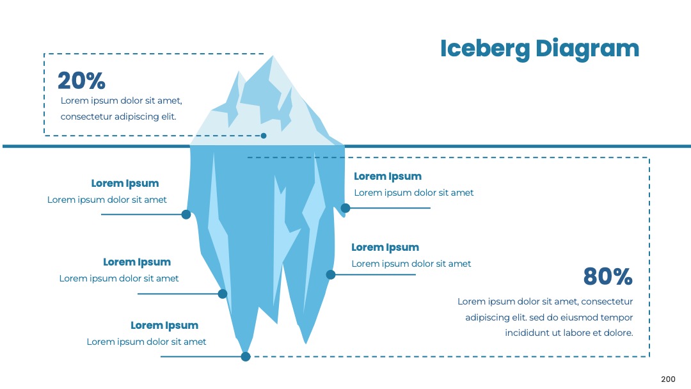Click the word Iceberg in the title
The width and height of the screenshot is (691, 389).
click(x=485, y=49)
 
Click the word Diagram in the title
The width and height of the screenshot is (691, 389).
click(x=587, y=49)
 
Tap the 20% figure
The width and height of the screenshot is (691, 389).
click(x=81, y=81)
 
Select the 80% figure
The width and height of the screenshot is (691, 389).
click(x=608, y=276)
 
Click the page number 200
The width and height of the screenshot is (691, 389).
click(x=668, y=379)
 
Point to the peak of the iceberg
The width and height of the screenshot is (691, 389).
click(x=273, y=56)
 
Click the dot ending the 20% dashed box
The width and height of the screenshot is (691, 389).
click(x=264, y=136)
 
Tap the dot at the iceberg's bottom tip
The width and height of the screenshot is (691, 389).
click(x=246, y=356)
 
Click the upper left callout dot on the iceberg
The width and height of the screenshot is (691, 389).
click(x=186, y=214)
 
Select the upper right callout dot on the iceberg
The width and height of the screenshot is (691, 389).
click(x=345, y=208)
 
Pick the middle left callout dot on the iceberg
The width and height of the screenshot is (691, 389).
click(x=223, y=294)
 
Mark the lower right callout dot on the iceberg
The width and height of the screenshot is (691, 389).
click(x=331, y=275)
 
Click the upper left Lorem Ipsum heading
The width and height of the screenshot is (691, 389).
click(x=125, y=183)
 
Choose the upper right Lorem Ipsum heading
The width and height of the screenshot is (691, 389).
click(x=388, y=176)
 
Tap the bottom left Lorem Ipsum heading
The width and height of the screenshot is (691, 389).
click(x=164, y=325)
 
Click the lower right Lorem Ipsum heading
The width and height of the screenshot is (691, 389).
click(x=385, y=247)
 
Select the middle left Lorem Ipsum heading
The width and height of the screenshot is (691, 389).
click(x=137, y=262)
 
